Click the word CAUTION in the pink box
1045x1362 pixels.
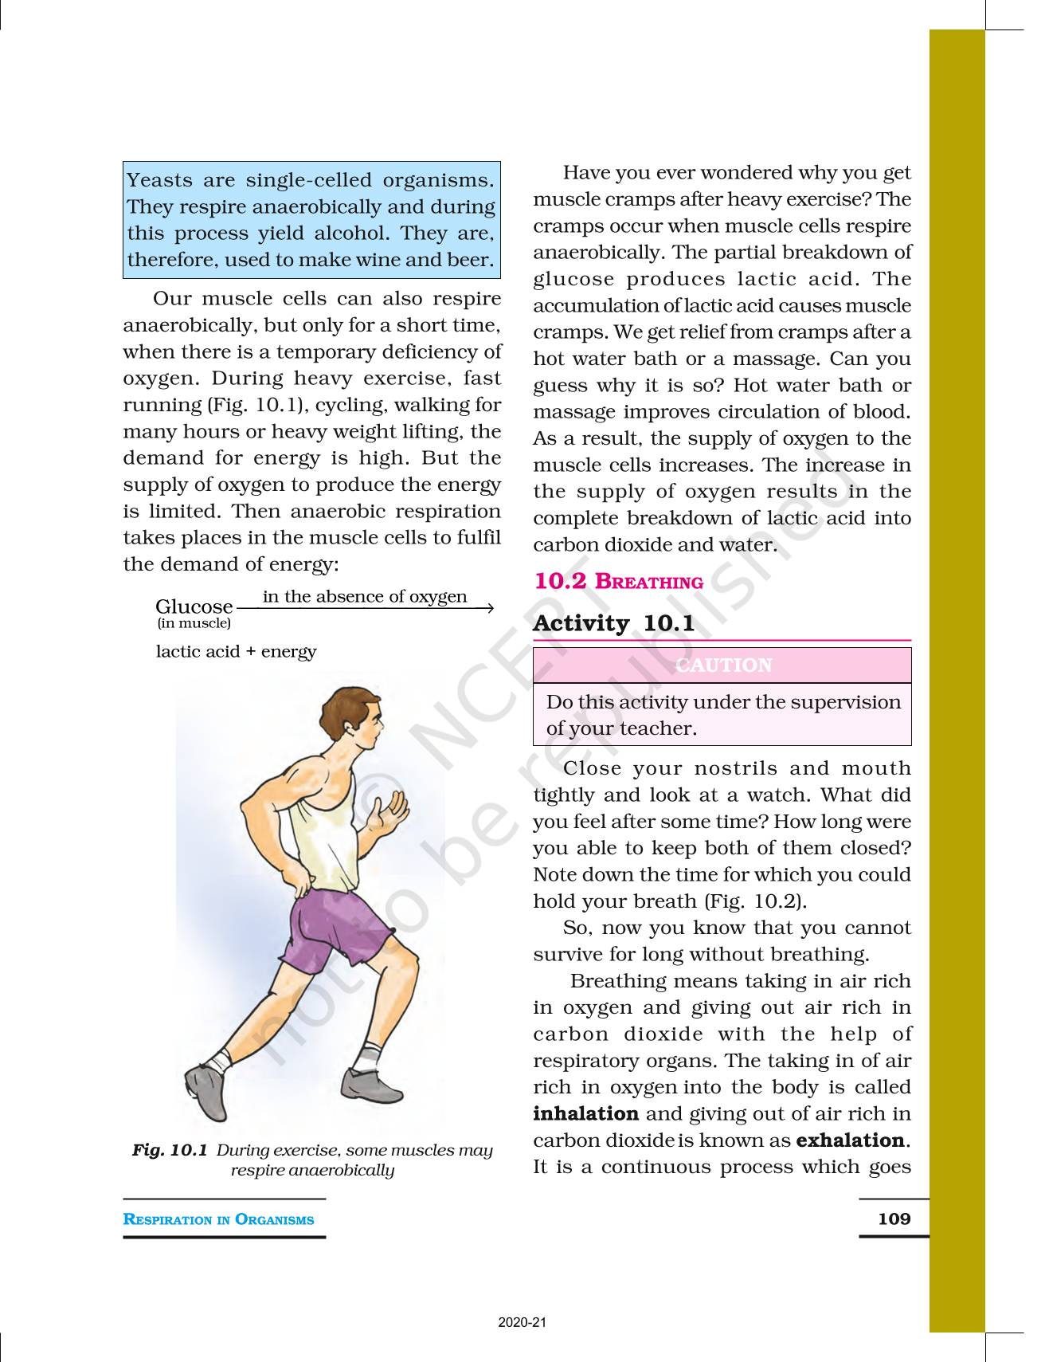pos(723,665)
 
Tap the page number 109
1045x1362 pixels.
pos(894,1218)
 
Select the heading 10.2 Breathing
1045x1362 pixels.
pos(618,581)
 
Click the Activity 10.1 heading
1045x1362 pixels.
pos(613,623)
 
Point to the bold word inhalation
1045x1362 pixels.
pos(585,1113)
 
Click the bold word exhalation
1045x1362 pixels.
pos(850,1140)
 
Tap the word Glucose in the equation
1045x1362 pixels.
pos(194,606)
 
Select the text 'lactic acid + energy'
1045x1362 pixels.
pos(236,651)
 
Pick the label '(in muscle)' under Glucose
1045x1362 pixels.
pos(194,623)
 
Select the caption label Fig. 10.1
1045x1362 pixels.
pos(170,1150)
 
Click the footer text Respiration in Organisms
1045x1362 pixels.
pos(218,1219)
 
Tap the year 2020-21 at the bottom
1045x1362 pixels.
pos(522,1323)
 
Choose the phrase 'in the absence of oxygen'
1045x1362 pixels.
pos(365,596)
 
